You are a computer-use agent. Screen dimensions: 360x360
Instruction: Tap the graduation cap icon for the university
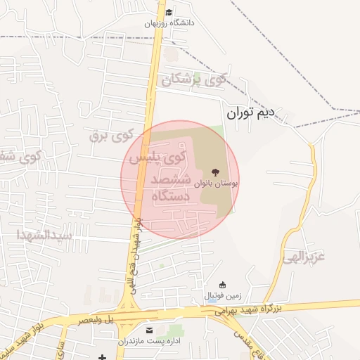point(169,12)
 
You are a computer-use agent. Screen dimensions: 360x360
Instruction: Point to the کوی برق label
point(112,134)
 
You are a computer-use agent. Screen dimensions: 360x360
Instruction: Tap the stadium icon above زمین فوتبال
point(223,285)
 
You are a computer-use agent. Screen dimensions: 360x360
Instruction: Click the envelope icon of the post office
point(148,330)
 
